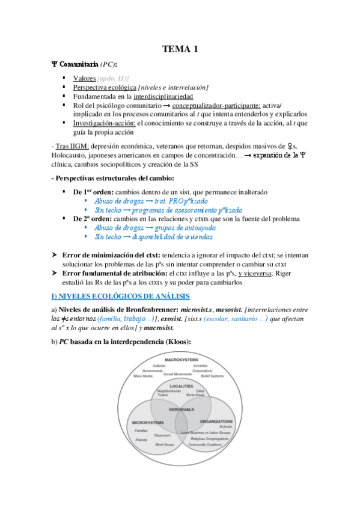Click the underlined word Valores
point(84,78)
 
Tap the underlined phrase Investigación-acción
point(100,123)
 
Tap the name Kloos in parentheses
point(177,342)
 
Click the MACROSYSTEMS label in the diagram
point(180,360)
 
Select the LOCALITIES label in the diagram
point(181,386)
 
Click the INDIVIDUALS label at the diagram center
point(180,409)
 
